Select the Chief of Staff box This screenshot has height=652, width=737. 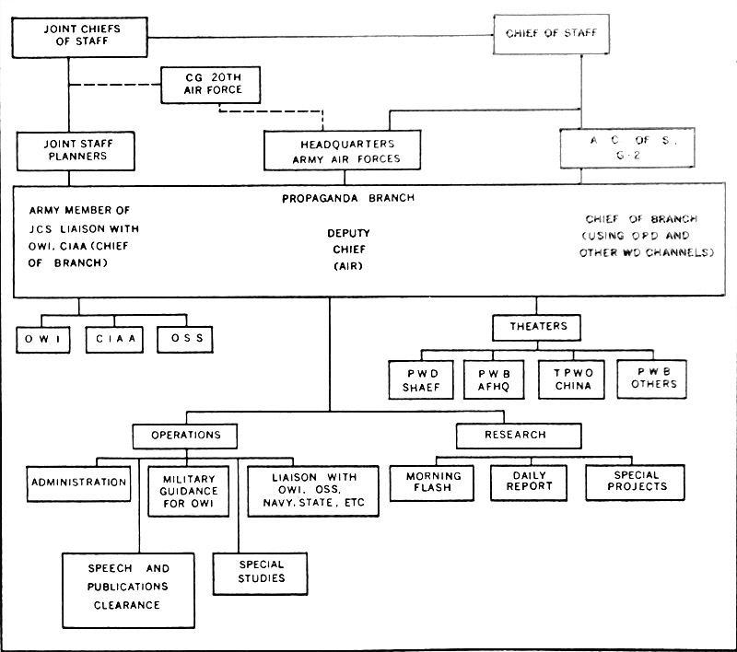coord(551,34)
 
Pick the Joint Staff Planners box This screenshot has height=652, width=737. coord(69,149)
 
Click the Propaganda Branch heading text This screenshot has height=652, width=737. coord(335,198)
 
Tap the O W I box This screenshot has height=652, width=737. coord(44,341)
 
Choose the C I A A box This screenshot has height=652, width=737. coord(116,341)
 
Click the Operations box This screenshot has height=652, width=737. coord(183,435)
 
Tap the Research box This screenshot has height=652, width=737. coord(516,434)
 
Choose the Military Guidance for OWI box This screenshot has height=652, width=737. coord(189,491)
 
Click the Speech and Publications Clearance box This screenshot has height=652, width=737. coord(115,586)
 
